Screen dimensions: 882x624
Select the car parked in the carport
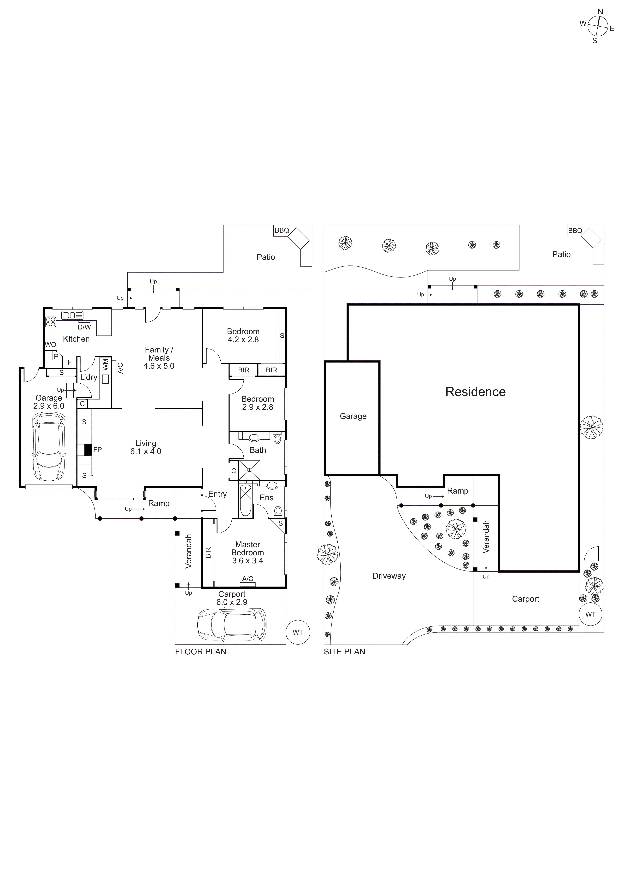[232, 624]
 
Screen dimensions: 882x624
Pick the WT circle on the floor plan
[298, 632]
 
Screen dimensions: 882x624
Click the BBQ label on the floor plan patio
[282, 230]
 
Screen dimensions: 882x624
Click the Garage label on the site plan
[353, 416]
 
